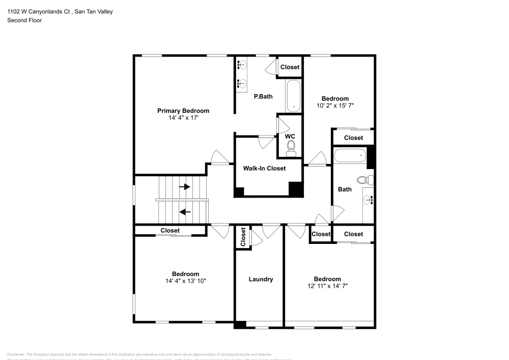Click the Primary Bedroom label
(183, 110)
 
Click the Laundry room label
(261, 279)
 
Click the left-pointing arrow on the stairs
(184, 211)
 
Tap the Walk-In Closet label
(264, 168)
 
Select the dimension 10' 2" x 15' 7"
(335, 106)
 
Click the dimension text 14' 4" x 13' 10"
(185, 281)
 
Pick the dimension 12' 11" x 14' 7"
(327, 286)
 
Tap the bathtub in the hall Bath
(350, 155)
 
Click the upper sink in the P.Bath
(242, 65)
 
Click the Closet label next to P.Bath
(290, 67)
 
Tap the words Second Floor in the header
(24, 20)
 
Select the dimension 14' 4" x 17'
(183, 118)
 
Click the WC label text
(290, 136)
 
